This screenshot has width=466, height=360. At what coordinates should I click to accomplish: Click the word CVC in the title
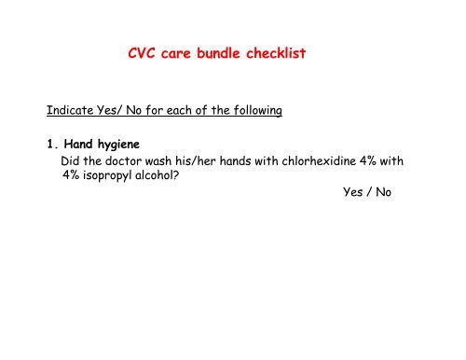click(143, 55)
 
